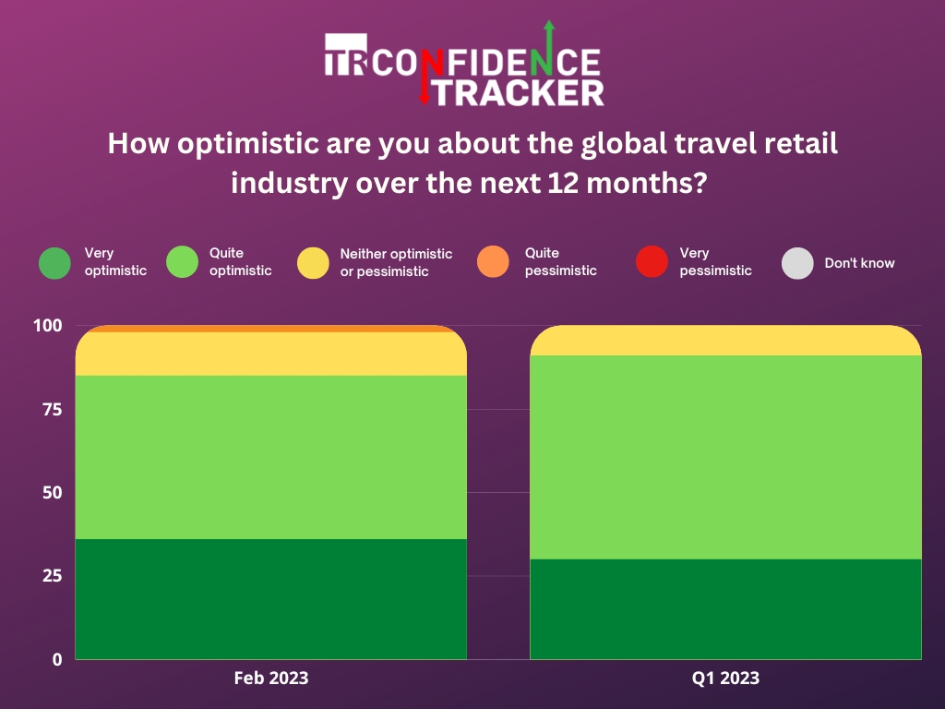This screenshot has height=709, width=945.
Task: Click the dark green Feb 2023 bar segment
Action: [x=271, y=598]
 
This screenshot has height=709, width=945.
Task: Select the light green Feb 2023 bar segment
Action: [x=271, y=457]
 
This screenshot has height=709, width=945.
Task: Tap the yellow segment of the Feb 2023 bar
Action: [x=271, y=354]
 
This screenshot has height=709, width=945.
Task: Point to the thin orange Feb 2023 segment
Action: [x=271, y=329]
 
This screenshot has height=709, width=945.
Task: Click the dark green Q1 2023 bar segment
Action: [x=725, y=609]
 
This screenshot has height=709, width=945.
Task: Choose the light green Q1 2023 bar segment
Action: [x=725, y=457]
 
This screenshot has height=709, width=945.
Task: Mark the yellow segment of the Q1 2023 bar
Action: [x=725, y=341]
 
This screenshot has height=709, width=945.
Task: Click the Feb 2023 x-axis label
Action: [x=271, y=679]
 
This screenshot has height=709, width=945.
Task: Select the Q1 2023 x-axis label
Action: [x=725, y=679]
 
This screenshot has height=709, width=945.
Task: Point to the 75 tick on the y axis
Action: [x=53, y=409]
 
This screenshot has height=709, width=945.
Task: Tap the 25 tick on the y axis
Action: [x=53, y=576]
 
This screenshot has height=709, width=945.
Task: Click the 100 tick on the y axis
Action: [x=48, y=326]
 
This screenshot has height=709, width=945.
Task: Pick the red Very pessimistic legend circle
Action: [x=652, y=262]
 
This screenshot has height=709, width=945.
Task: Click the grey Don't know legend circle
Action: [x=797, y=263]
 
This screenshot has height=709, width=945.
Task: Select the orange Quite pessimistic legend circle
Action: [x=493, y=261]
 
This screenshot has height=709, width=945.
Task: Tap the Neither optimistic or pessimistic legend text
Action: [x=396, y=262]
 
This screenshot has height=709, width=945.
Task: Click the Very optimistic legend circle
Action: [x=54, y=263]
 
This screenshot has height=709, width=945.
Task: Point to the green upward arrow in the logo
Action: [x=548, y=48]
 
